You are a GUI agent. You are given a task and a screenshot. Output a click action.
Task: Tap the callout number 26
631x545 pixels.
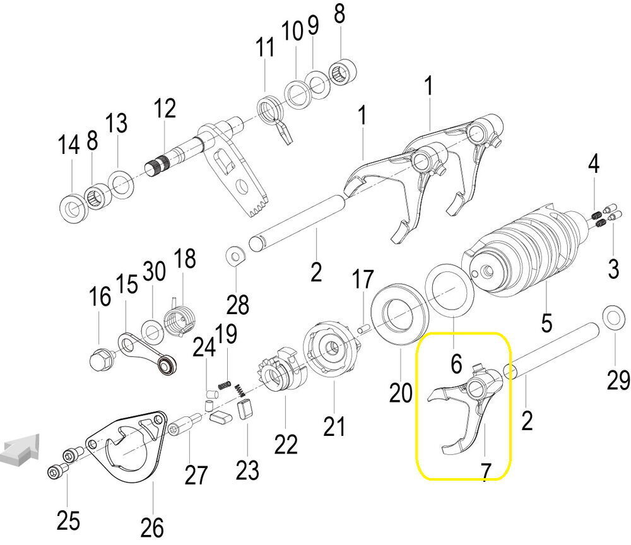(x=153, y=525)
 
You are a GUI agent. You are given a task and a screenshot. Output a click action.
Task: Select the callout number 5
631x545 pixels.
(x=546, y=322)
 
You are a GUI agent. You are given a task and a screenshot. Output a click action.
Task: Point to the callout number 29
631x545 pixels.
(x=617, y=380)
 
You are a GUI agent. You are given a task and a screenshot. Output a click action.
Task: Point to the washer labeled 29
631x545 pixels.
(x=610, y=315)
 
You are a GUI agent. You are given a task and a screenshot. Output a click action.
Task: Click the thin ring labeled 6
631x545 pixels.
(x=450, y=290)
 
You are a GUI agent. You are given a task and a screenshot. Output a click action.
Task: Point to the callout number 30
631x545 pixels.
(x=154, y=272)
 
